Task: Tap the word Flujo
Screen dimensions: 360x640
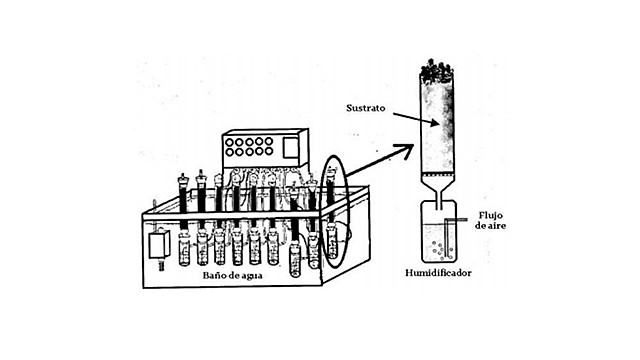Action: pos(496,214)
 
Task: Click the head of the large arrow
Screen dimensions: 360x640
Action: pos(406,149)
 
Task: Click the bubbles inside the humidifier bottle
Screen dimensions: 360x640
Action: pos(436,240)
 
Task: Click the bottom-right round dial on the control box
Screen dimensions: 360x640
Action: pos(269,154)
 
